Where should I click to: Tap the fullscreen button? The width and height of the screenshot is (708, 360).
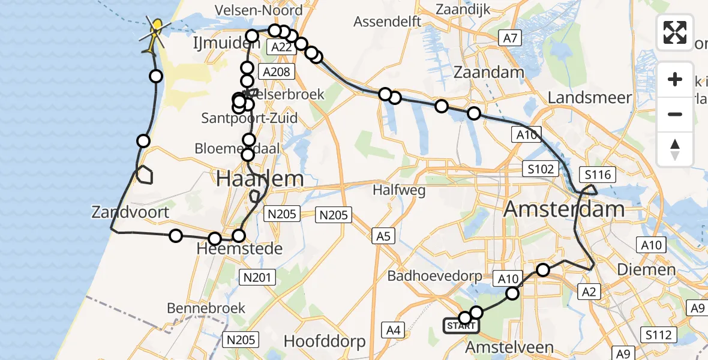675,32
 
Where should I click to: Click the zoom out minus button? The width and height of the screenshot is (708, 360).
675,114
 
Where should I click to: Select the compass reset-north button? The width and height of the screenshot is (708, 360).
675,148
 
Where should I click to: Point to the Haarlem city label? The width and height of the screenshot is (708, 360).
259,179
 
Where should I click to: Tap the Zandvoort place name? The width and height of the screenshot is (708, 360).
130,212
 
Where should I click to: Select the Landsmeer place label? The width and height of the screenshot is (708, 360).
589,98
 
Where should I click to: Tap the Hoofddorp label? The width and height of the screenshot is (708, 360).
324,342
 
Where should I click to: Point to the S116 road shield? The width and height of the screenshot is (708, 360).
598,175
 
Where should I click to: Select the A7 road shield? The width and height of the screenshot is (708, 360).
510,39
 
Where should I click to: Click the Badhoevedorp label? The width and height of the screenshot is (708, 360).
435,277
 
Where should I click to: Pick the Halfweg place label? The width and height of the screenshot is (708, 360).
399,191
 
